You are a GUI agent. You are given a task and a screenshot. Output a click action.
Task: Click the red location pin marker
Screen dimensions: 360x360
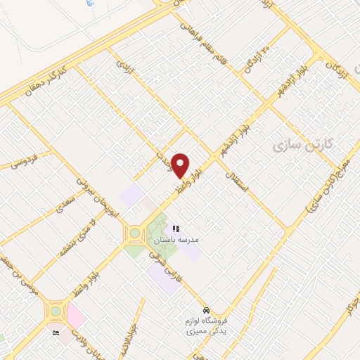[180, 165]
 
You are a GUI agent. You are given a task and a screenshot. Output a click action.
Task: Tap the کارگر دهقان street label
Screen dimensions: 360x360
[63, 84]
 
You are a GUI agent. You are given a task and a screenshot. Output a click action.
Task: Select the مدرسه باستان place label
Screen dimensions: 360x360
[174, 240]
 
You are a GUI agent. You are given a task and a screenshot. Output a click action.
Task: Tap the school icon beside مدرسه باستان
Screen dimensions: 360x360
[176, 229]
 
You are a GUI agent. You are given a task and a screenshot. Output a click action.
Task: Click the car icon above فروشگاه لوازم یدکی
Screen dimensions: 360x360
[205, 309]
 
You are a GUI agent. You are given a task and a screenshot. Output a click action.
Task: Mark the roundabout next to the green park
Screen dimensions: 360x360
[134, 233]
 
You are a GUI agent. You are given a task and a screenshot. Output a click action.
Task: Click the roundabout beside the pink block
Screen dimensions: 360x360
[54, 310]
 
